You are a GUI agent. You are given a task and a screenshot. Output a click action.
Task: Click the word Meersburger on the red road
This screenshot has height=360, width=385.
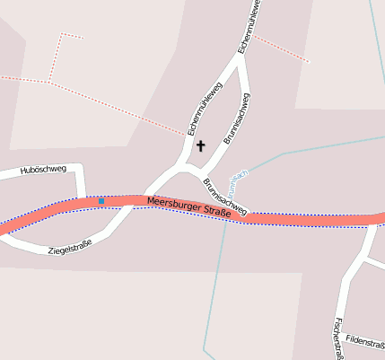pos(173,205)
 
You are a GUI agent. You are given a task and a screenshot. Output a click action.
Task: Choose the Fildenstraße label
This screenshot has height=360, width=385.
pos(365,343)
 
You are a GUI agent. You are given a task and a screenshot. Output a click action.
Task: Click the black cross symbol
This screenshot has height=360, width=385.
pos(200,145)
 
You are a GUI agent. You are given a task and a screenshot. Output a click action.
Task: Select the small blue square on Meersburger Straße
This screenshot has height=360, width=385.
pos(101,202)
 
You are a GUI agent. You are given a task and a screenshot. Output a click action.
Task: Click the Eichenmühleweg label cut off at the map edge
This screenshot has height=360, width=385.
pos(248,25)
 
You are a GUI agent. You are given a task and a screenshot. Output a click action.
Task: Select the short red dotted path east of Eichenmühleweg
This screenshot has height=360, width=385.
pos(281,49)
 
